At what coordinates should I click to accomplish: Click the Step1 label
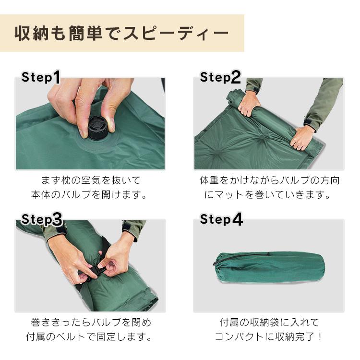41,77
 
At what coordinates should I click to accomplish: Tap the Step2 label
220,77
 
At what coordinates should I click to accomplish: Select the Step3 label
42,219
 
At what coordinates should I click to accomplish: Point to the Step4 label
221,219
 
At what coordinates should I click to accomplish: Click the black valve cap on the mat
96,128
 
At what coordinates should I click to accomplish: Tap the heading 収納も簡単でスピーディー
122,33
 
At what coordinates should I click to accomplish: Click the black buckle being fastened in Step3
94,272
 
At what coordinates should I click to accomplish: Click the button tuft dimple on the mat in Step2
262,138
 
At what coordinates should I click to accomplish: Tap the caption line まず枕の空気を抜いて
91,180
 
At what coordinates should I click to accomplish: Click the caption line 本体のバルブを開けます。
89,195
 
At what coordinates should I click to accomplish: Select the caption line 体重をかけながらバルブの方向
269,180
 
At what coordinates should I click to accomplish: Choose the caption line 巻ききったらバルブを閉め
91,322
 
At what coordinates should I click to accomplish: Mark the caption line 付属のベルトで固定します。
89,336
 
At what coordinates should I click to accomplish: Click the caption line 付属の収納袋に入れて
269,322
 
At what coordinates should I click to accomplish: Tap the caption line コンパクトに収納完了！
269,336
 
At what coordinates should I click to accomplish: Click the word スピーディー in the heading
176,33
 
